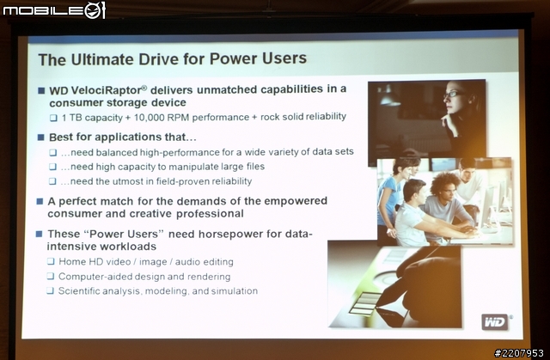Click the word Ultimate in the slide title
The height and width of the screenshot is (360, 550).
[102, 59]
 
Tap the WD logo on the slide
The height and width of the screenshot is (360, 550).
[495, 321]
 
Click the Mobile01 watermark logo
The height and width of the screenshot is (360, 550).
[54, 10]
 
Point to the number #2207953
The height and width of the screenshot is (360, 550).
[519, 352]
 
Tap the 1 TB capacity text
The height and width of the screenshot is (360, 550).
[92, 118]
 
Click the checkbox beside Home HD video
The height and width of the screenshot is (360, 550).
[51, 261]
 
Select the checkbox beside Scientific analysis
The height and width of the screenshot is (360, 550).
[51, 290]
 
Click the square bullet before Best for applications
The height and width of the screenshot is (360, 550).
[41, 137]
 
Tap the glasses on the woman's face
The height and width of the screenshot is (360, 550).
[453, 95]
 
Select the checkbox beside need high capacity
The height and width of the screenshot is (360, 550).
[52, 167]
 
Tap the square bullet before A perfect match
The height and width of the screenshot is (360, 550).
[40, 201]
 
